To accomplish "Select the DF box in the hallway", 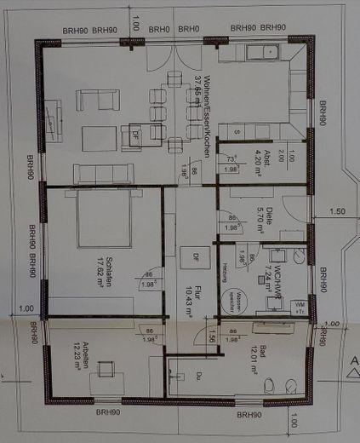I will click(193, 256).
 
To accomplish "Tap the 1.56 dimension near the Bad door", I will click(212, 338).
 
